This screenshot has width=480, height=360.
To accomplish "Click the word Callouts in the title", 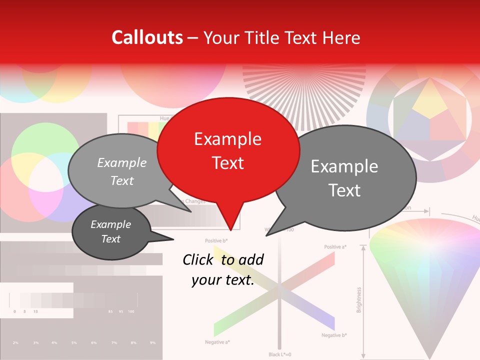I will tap(147, 37).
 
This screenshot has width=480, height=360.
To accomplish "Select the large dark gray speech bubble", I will tap(345, 178).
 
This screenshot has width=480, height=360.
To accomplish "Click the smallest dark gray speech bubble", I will tap(111, 231).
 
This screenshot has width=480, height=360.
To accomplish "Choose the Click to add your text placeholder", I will tap(223, 269).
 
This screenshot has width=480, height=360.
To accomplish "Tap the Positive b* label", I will tap(216, 241).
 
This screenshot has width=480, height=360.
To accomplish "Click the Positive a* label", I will tap(335, 247).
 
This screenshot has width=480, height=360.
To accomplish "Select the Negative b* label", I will tap(334, 335).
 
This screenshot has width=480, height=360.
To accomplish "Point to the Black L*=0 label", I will tap(279, 354).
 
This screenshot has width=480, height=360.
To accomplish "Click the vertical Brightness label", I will tap(359, 299).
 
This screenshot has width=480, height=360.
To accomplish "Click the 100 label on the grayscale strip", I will tap(131, 311).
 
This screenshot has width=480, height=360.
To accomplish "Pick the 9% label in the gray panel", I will tap(152, 342).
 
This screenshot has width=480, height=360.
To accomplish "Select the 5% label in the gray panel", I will tap(74, 342).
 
